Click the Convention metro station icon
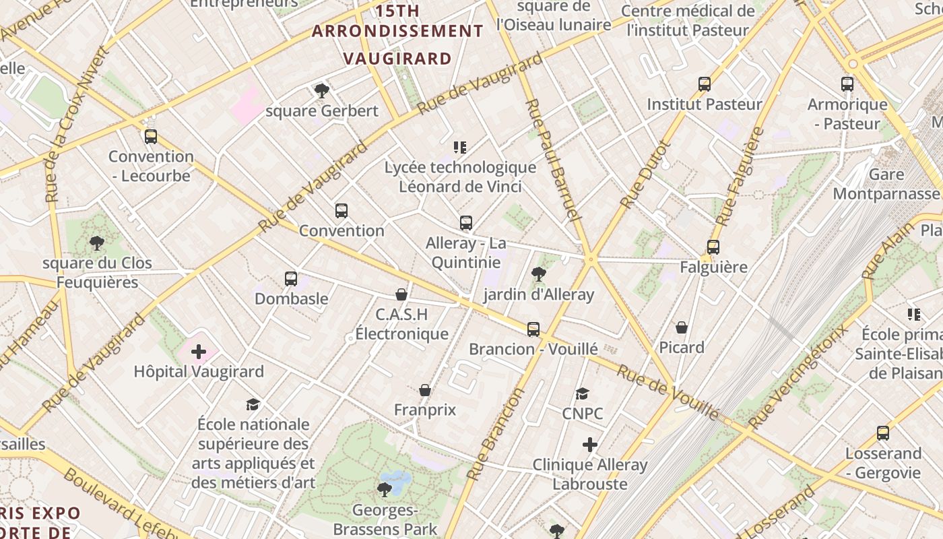click(x=342, y=211)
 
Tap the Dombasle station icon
click(x=291, y=279)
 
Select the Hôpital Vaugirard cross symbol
click(x=199, y=352)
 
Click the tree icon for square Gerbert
click(x=321, y=91)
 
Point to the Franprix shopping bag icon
click(x=425, y=390)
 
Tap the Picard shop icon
click(x=682, y=328)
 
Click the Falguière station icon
click(x=713, y=247)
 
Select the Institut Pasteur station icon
click(x=705, y=84)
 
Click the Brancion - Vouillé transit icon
click(x=533, y=329)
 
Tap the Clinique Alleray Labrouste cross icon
click(x=590, y=445)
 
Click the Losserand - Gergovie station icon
click(x=883, y=433)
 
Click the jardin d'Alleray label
click(x=539, y=294)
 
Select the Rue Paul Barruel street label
click(x=552, y=160)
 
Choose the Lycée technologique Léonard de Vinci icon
click(x=460, y=148)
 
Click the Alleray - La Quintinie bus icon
click(x=466, y=223)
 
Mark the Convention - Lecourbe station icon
click(x=151, y=137)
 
